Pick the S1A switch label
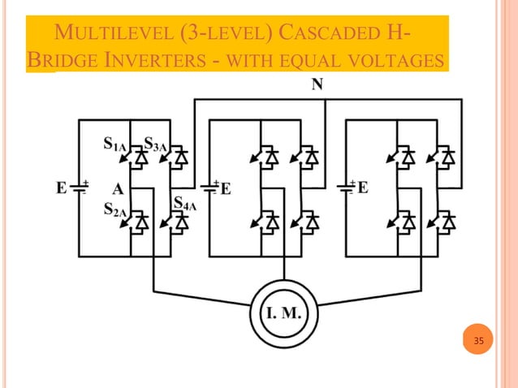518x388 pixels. pos(114,144)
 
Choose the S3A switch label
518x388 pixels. pos(155,144)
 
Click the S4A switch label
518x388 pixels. pos(185,202)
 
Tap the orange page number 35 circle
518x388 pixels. pos(478,341)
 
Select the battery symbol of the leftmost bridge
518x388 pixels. pos(79,188)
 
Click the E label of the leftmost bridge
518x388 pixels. pos(61,189)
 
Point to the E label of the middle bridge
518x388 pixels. pos(226,189)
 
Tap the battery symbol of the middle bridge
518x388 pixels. pos(210,188)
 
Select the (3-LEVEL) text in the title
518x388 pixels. pos(221,36)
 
